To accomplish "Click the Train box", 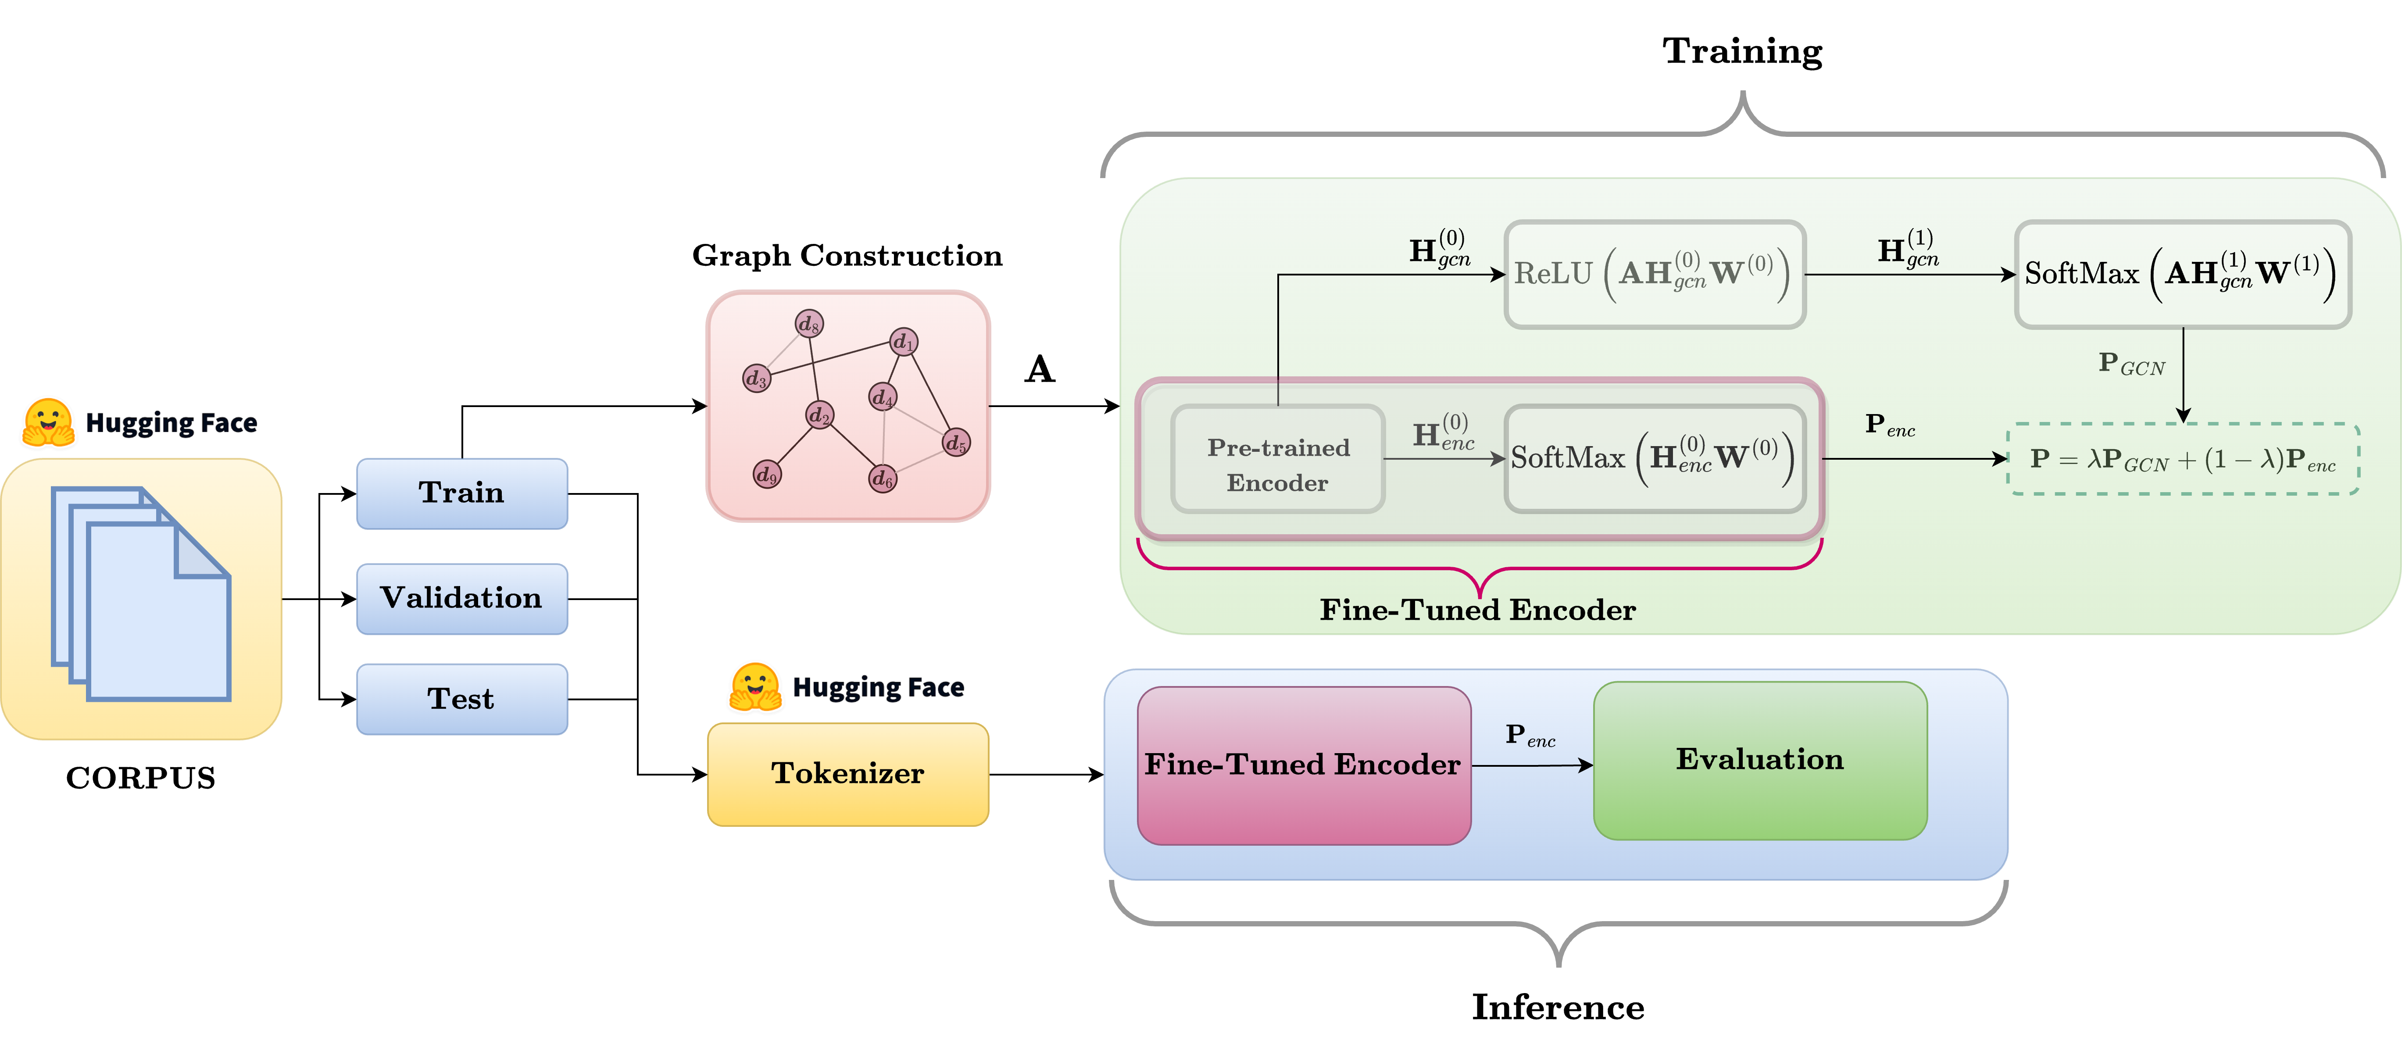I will coord(461,493).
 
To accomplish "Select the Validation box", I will coord(461,598).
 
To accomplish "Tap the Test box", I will coord(461,699).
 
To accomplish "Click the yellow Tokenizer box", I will coord(847,774).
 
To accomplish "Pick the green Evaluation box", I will coord(1759,760).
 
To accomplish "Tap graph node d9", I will coord(766,475).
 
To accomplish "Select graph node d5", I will coord(956,443).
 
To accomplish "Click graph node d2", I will coord(819,415).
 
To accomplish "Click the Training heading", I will coord(1742,51).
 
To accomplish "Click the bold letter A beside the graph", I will coord(1040,370).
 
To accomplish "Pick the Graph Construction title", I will coord(847,255).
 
